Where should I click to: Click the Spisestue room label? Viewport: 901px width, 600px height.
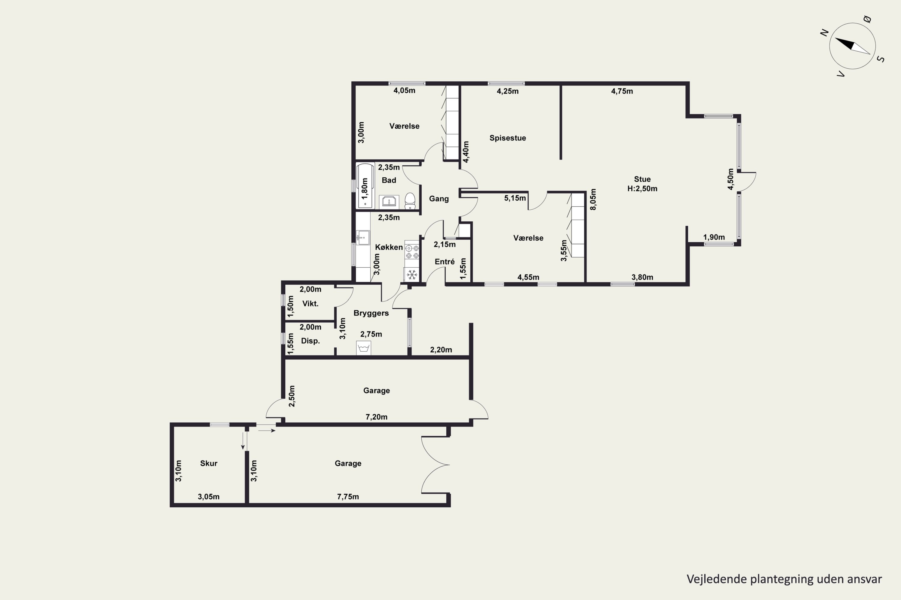508,138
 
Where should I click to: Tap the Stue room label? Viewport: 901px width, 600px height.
642,179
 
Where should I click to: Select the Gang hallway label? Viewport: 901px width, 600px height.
438,199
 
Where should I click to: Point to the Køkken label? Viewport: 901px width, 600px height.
389,247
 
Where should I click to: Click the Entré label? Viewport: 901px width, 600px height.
445,262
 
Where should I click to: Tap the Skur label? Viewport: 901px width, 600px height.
209,463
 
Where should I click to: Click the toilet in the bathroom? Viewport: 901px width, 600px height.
410,201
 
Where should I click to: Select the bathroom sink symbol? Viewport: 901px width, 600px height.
389,202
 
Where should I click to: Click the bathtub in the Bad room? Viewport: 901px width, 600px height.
365,186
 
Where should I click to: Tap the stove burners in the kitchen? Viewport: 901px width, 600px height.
412,252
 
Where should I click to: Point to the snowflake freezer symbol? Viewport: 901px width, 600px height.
412,274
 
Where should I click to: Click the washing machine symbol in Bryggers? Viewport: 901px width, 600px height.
363,348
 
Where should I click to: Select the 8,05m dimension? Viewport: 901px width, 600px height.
593,199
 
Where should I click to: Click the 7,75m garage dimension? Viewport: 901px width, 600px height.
348,497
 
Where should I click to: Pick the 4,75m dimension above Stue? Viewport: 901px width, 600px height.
622,91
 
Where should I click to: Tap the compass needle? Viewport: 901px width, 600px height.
852,46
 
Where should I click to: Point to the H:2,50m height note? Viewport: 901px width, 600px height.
642,189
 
